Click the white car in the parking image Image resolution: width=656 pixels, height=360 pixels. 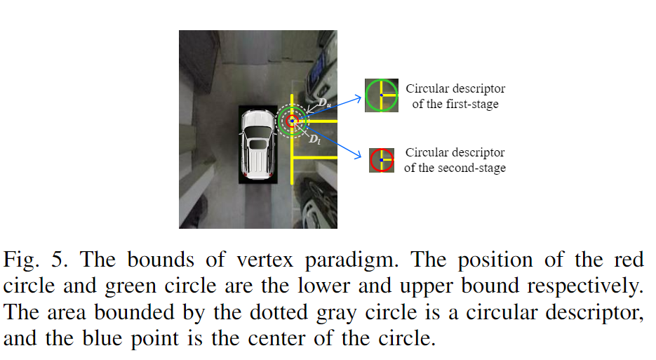tap(257, 145)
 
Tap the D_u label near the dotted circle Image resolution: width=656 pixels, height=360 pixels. tap(324, 103)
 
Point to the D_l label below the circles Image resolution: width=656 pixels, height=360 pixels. tap(315, 140)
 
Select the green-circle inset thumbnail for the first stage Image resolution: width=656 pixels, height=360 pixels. tap(382, 95)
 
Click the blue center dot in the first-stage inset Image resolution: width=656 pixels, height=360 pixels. tap(382, 95)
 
